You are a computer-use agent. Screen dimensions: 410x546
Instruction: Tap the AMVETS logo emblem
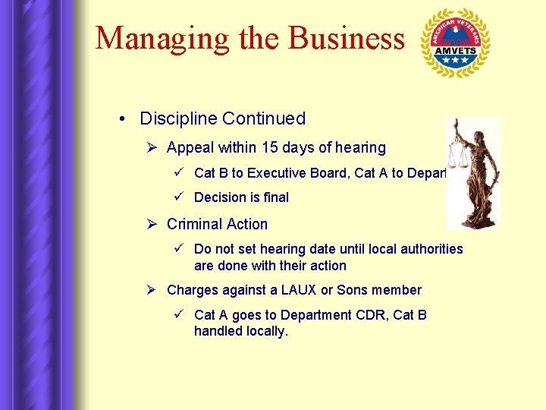tap(455, 43)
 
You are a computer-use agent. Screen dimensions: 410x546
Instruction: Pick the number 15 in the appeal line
tap(271, 147)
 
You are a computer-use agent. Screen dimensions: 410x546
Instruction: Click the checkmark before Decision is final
tap(180, 197)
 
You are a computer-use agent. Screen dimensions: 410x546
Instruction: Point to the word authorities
tap(431, 249)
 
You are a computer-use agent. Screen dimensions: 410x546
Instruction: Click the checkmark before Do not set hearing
tap(180, 249)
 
